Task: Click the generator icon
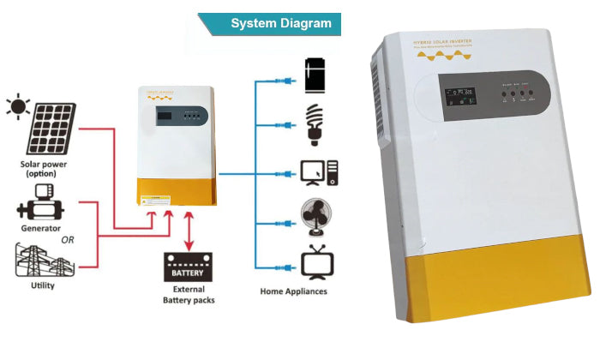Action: pos(39,211)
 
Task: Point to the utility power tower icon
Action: pos(39,259)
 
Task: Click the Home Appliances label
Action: pos(293,291)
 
